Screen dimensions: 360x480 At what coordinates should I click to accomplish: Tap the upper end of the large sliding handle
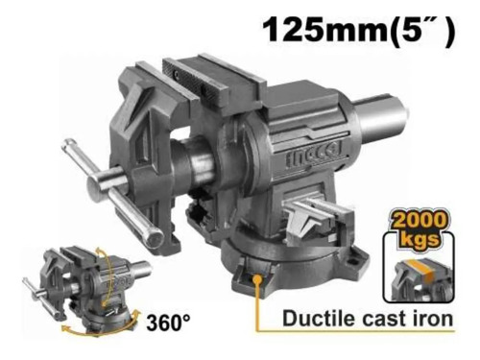coord(69,148)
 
